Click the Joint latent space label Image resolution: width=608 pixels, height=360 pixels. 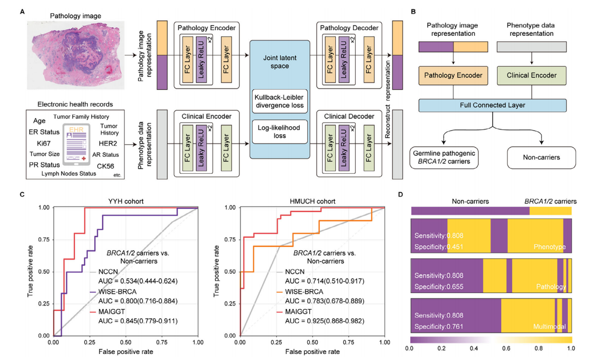tap(279, 62)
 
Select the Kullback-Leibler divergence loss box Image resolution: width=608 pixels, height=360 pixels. tap(279, 101)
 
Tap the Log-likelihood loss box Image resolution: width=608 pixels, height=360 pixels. tap(279, 132)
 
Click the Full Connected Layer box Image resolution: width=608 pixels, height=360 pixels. tap(492, 105)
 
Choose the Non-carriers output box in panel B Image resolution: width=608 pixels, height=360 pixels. tap(541, 157)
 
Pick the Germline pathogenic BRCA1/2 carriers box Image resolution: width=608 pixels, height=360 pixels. tap(444, 157)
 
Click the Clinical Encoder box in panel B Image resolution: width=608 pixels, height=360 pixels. tap(531, 75)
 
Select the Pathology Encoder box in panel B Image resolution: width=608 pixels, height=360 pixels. tap(453, 75)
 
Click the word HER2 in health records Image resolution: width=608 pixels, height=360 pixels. tap(108, 143)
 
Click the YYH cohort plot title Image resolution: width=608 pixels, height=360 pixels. tap(125, 201)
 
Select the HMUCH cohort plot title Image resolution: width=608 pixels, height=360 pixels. tap(312, 201)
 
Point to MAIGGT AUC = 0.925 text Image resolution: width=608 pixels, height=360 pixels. tap(325, 321)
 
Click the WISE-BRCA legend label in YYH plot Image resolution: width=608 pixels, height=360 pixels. tap(117, 292)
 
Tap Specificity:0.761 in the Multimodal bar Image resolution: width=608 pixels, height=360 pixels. tap(439, 327)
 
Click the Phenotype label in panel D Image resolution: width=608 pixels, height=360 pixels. tap(549, 247)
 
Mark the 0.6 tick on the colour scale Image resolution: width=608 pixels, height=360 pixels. tap(506, 348)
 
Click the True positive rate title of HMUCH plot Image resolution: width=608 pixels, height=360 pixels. tap(216, 271)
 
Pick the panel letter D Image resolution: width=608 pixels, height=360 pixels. tap(401, 195)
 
